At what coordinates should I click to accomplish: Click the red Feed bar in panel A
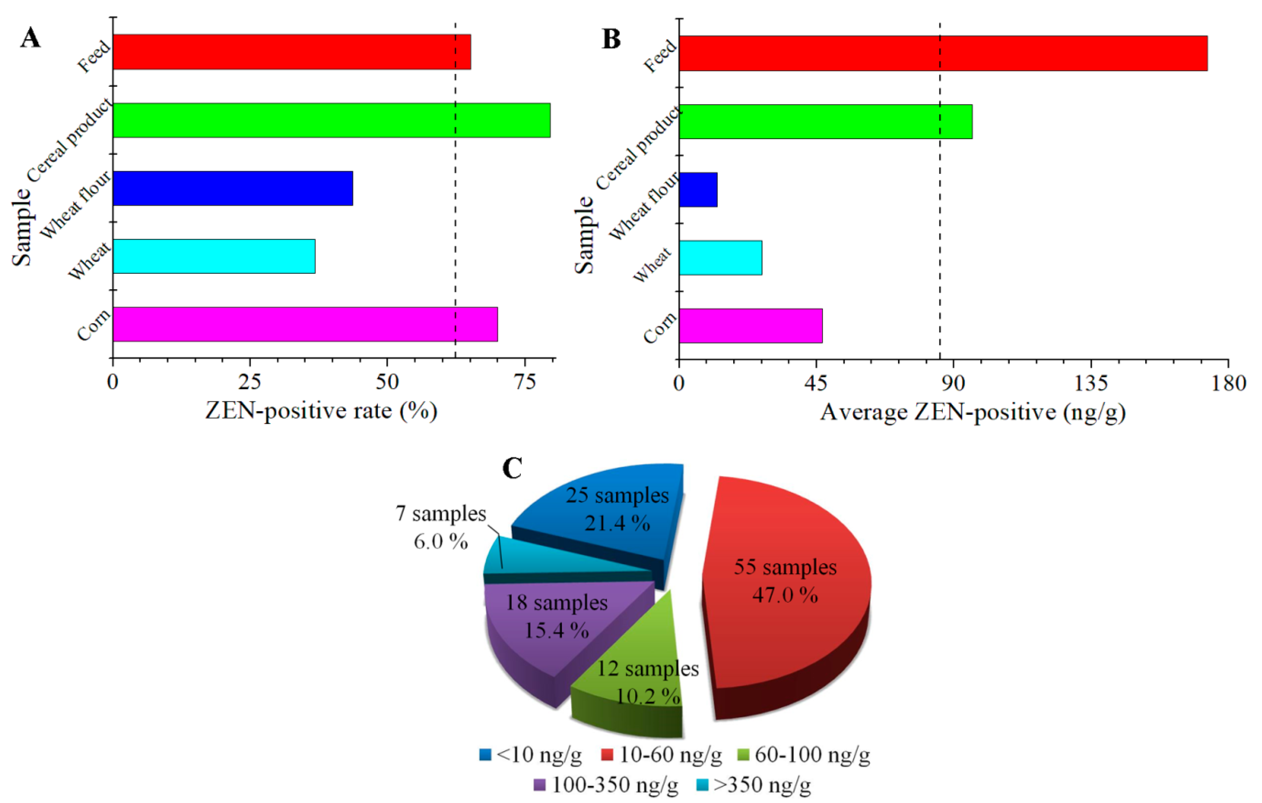coord(291,52)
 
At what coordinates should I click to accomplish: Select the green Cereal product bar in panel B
coord(826,122)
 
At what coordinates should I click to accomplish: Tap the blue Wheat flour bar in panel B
coord(697,189)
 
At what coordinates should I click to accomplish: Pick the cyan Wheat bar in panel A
coord(214,256)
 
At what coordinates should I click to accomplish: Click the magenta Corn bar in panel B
coord(751,326)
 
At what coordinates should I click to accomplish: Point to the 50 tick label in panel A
coord(387,383)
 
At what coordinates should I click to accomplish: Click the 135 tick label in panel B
coord(1091,384)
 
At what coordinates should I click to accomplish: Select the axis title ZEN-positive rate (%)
coord(321,411)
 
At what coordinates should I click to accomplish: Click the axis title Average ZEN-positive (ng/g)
coord(972,412)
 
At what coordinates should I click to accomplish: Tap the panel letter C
coord(512,468)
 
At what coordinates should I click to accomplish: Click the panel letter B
coord(611,39)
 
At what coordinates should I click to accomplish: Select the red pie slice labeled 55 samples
coord(786,629)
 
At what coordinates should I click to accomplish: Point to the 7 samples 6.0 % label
coord(441,527)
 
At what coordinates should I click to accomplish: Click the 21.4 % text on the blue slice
coord(617,523)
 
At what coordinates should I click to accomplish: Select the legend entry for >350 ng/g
coord(755,785)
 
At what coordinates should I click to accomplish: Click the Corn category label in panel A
coord(94,325)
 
